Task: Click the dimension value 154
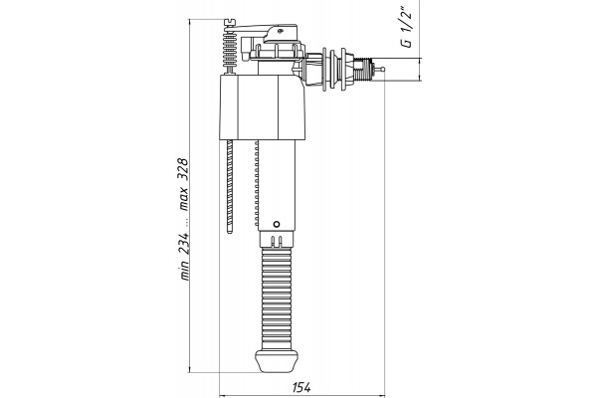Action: (x=301, y=387)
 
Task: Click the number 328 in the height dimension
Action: (x=183, y=169)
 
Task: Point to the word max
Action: (x=184, y=199)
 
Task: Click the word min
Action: (x=184, y=271)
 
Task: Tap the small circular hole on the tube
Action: (x=277, y=224)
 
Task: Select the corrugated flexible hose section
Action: (x=277, y=298)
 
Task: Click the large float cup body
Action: (x=263, y=107)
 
